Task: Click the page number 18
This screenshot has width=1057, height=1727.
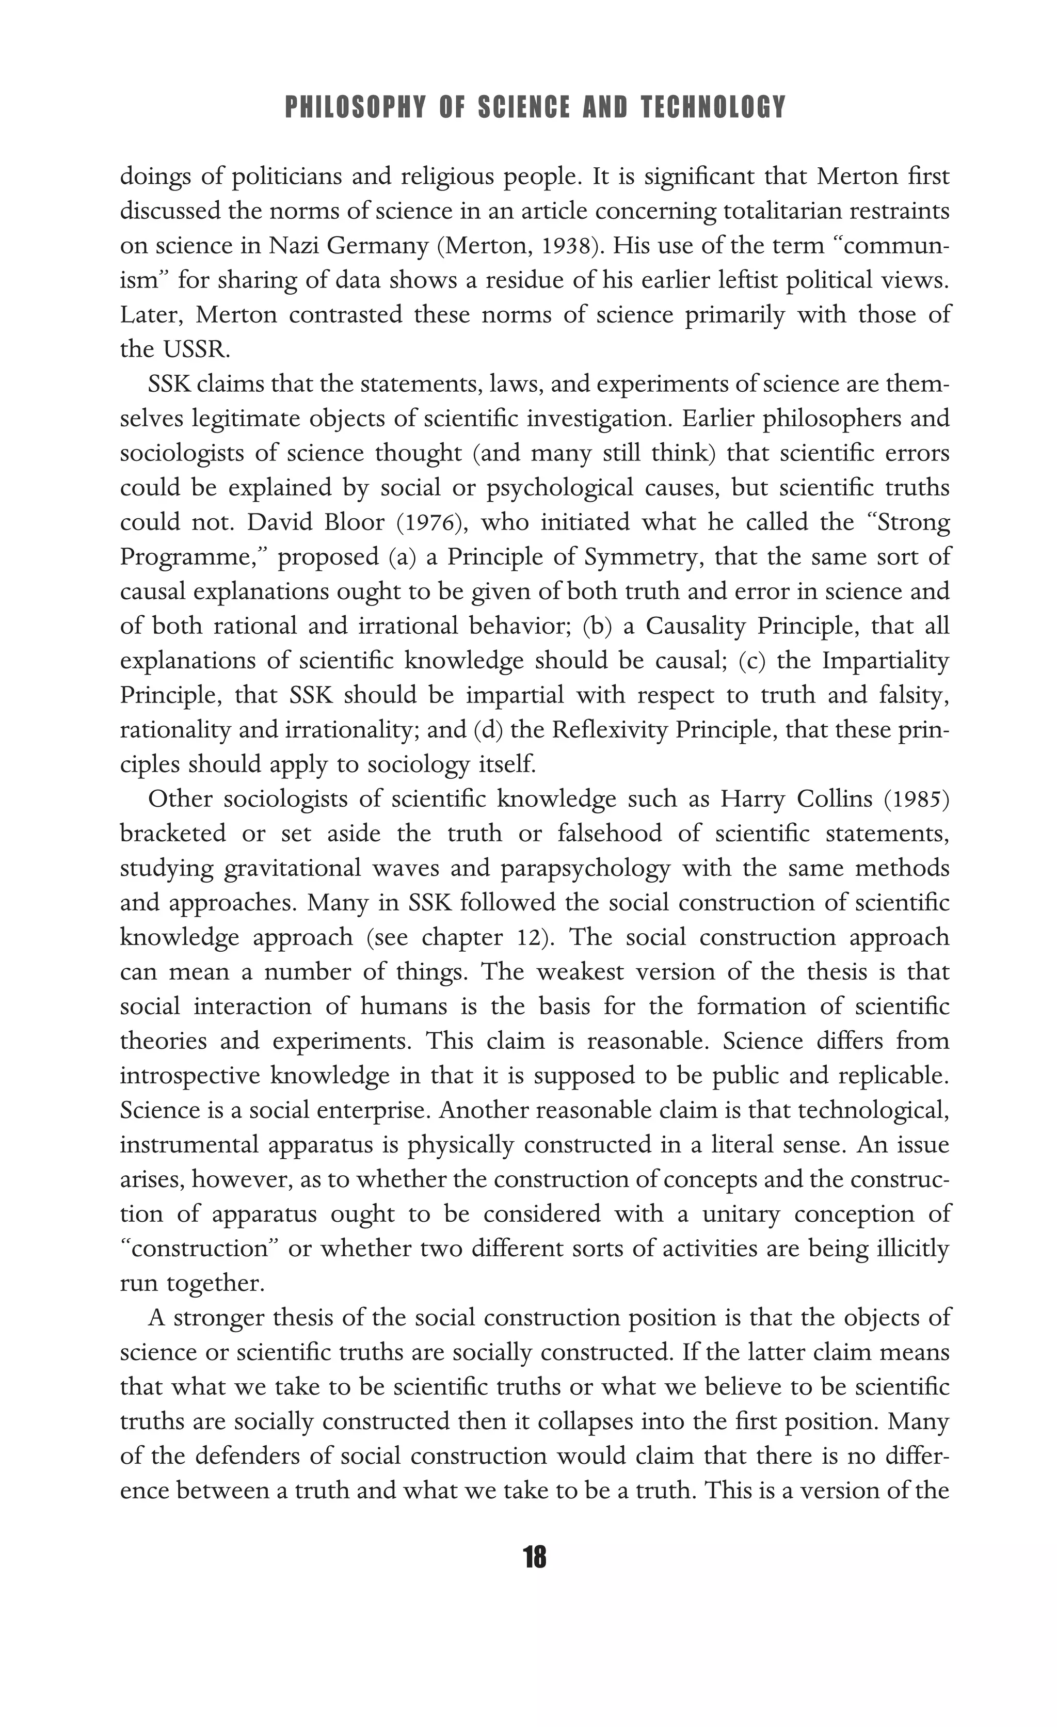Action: pos(534,1558)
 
